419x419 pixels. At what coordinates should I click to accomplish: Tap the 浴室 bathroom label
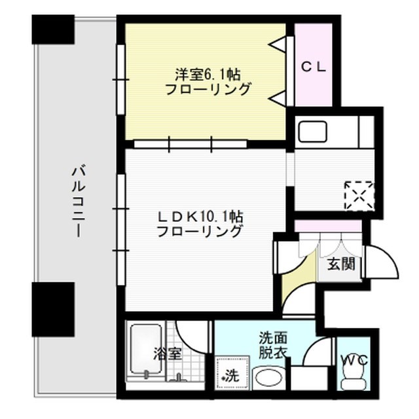tap(168, 354)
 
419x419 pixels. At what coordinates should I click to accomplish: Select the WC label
tap(354, 360)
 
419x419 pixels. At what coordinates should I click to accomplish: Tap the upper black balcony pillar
tap(52, 29)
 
